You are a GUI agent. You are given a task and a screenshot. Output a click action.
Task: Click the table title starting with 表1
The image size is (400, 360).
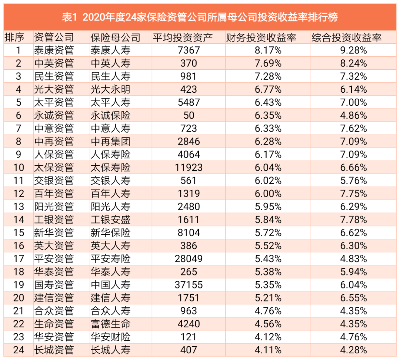[x=200, y=17]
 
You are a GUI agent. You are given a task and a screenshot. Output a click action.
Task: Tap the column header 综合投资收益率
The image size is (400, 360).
[x=346, y=37]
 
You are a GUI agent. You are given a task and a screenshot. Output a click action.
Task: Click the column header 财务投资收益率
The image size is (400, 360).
[x=261, y=37]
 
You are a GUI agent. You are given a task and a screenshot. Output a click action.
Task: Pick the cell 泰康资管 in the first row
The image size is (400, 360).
[x=54, y=50]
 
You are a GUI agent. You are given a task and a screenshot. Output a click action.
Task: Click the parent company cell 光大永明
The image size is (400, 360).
[x=110, y=89]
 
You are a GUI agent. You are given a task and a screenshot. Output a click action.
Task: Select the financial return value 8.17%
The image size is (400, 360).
[x=268, y=50]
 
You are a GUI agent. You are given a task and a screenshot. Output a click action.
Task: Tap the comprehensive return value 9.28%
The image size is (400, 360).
[x=353, y=50]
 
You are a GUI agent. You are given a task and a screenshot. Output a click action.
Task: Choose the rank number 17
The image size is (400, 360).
[x=19, y=259]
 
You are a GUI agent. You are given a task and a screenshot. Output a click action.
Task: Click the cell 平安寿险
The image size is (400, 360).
[x=110, y=259]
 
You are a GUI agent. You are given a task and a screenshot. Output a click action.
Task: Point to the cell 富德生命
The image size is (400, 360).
[x=110, y=324]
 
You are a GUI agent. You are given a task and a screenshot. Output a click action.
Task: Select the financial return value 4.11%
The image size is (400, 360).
[x=268, y=350]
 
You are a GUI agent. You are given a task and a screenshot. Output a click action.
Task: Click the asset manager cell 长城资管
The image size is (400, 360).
[x=54, y=350]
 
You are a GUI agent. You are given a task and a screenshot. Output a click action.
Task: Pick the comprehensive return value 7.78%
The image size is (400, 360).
[x=353, y=219]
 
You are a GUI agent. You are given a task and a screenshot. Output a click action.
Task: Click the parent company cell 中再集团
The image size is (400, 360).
[x=110, y=141]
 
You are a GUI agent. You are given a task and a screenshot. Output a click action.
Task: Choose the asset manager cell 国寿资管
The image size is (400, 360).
[x=54, y=285]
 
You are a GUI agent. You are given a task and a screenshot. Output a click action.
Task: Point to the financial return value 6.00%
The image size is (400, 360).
[x=268, y=194]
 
